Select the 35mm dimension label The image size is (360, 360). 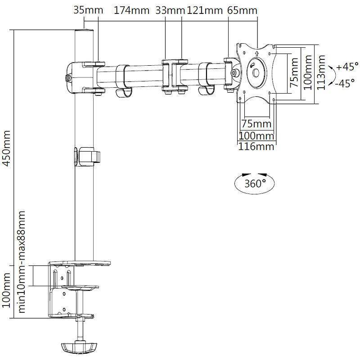88,10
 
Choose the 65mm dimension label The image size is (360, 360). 243,10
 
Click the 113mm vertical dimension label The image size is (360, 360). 321,73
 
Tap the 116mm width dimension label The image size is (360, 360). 256,146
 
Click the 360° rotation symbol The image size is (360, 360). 255,184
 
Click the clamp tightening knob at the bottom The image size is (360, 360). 79,347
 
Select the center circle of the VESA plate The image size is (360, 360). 256,71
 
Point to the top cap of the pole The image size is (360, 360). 84,32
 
